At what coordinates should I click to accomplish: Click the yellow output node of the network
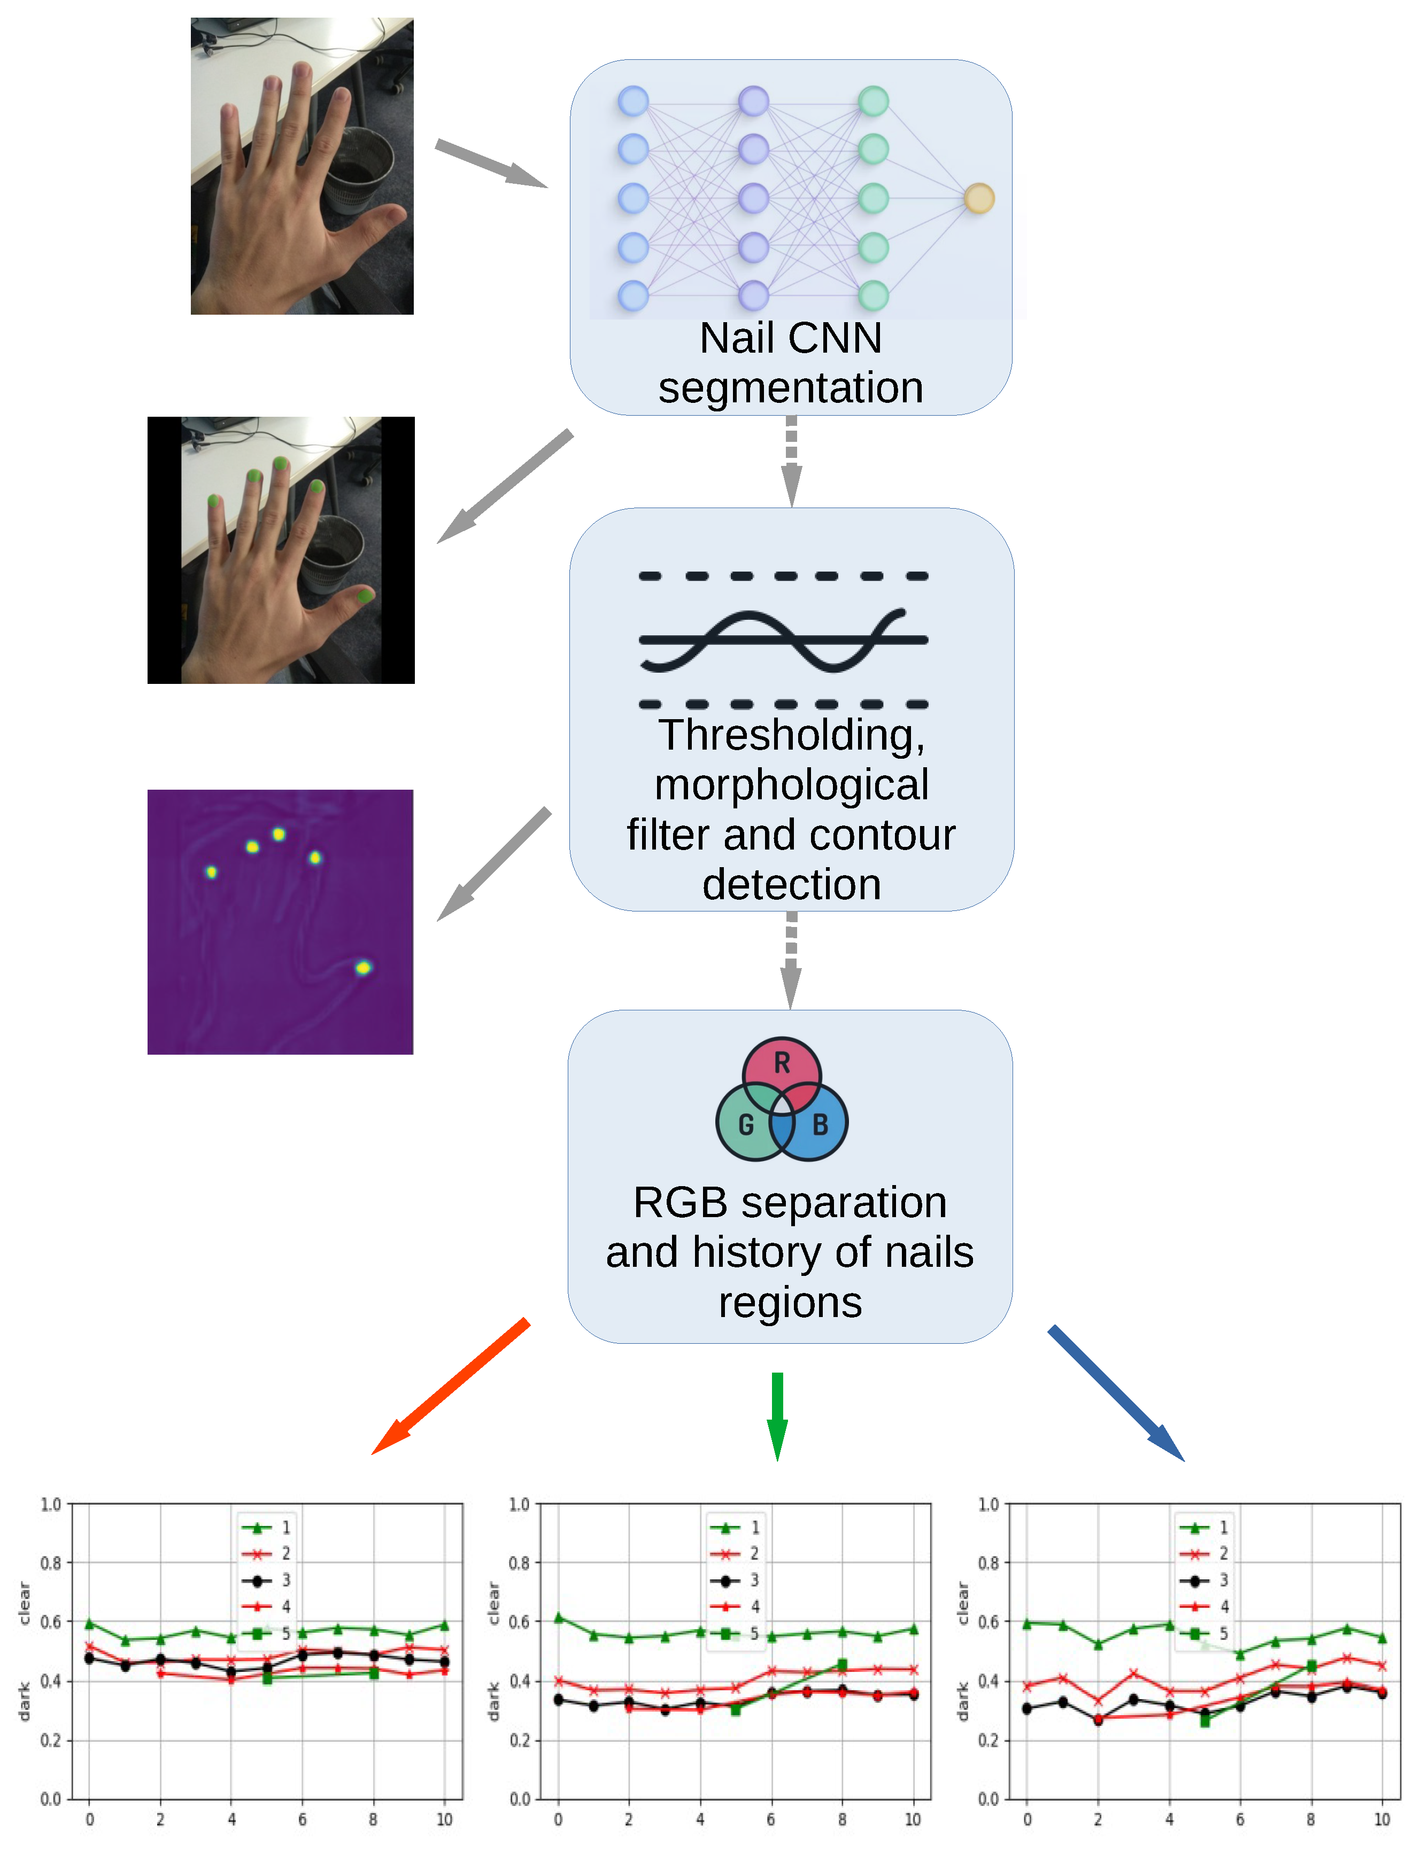pyautogui.click(x=979, y=199)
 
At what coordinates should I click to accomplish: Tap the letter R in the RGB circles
pyautogui.click(x=782, y=1063)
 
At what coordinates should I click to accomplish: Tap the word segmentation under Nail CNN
pyautogui.click(x=790, y=388)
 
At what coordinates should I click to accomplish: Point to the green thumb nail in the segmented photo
pyautogui.click(x=365, y=596)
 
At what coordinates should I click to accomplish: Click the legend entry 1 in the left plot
pyautogui.click(x=266, y=1528)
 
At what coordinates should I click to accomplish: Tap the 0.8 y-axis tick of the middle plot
pyautogui.click(x=519, y=1563)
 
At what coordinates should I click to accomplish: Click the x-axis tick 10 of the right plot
pyautogui.click(x=1381, y=1819)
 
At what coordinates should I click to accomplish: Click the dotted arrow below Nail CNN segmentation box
pyautogui.click(x=791, y=461)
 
